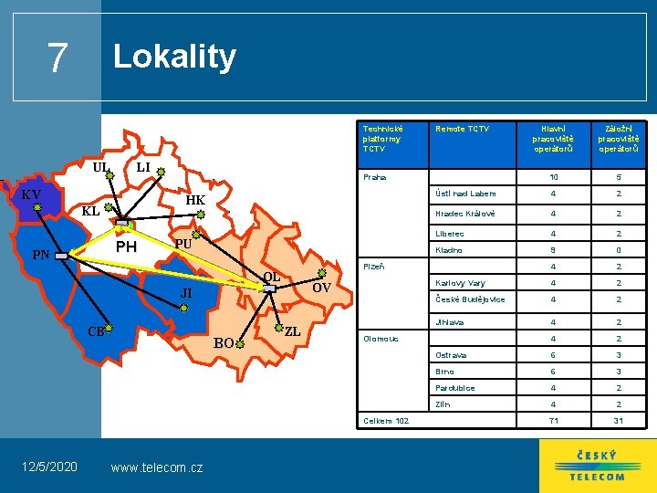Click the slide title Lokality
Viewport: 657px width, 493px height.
click(x=173, y=57)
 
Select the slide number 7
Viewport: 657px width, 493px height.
click(x=57, y=58)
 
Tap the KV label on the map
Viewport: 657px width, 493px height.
click(x=31, y=194)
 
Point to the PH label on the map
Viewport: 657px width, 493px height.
click(x=126, y=247)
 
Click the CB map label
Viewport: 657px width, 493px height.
click(x=95, y=330)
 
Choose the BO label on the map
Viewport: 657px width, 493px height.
click(x=224, y=343)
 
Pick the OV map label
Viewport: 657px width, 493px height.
click(x=321, y=288)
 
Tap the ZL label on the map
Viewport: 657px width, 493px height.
click(x=293, y=331)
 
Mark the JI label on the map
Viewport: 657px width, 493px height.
click(x=186, y=293)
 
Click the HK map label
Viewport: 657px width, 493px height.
click(x=195, y=201)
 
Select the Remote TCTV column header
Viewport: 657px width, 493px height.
click(x=463, y=130)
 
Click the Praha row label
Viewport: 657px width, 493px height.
click(x=375, y=177)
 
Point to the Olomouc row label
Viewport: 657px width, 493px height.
click(x=381, y=338)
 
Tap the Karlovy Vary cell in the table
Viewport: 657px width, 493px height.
click(x=460, y=282)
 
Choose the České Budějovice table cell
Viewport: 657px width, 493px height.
click(x=470, y=299)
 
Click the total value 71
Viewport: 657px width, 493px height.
click(x=552, y=421)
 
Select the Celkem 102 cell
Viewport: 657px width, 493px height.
click(x=386, y=421)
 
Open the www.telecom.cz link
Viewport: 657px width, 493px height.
click(x=156, y=467)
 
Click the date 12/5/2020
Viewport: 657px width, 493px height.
click(x=49, y=467)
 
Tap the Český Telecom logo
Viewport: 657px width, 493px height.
click(x=597, y=466)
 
